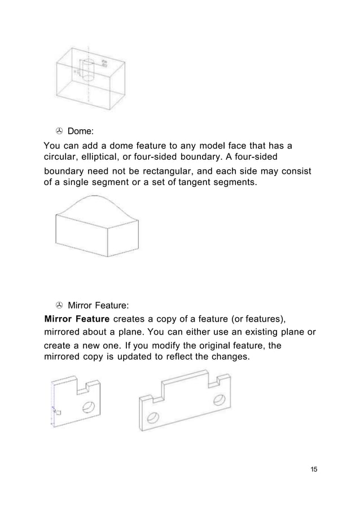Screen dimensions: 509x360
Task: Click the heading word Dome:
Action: click(x=81, y=131)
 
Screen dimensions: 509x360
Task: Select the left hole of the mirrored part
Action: click(x=151, y=418)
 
